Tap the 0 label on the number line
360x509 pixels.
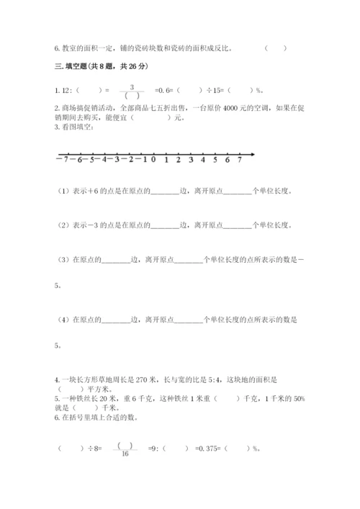pyautogui.click(x=153, y=160)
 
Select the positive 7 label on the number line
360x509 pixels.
pyautogui.click(x=239, y=160)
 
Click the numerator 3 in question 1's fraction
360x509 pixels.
pyautogui.click(x=132, y=85)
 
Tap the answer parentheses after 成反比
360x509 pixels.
pyautogui.click(x=275, y=49)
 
